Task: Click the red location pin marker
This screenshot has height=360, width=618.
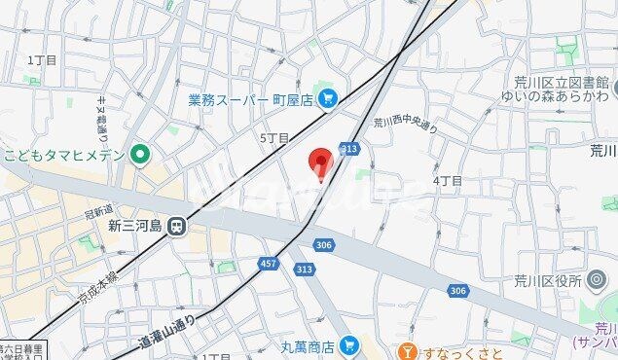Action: [x=320, y=163]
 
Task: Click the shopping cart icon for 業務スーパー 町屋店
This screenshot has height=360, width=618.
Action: [x=327, y=97]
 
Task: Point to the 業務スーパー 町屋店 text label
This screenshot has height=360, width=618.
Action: [x=249, y=98]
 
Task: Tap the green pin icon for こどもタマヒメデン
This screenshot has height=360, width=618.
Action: [x=141, y=153]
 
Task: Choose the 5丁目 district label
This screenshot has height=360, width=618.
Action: [x=274, y=138]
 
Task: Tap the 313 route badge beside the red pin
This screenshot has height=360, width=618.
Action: [x=349, y=148]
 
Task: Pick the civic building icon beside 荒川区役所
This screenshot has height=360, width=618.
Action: [x=598, y=281]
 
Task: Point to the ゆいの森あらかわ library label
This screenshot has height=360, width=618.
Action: [x=555, y=97]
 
